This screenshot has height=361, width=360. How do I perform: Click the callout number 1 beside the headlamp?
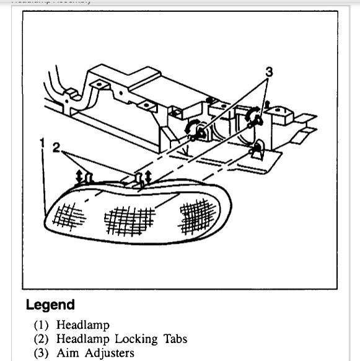42,144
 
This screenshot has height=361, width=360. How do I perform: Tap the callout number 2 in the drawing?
56,148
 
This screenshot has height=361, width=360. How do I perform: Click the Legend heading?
50,305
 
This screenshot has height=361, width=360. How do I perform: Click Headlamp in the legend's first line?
82,324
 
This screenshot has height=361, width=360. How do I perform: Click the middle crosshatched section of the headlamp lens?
128,219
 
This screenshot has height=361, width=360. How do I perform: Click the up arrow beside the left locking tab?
79,176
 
